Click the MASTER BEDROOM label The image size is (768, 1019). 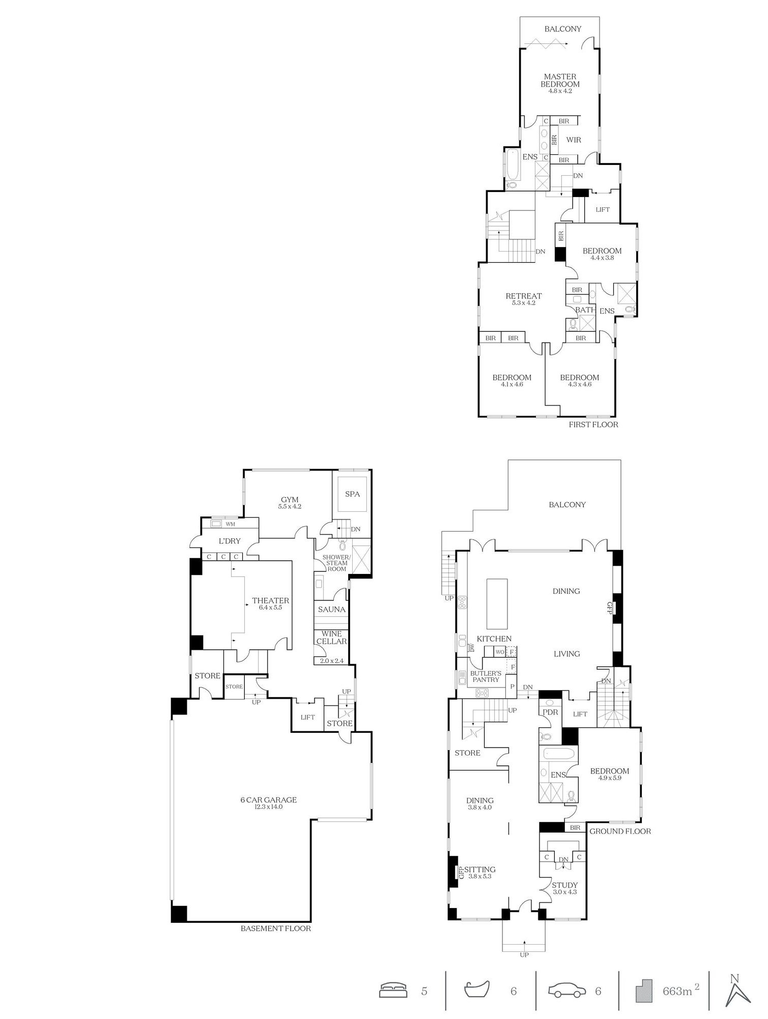tap(560, 80)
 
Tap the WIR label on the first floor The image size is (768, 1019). tap(574, 140)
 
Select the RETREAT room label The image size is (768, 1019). tap(524, 296)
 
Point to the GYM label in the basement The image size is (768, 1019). tap(290, 500)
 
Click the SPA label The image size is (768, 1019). tap(352, 494)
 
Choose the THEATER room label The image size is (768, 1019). tap(270, 601)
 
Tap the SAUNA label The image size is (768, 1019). tap(332, 610)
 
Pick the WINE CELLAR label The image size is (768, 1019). tap(332, 638)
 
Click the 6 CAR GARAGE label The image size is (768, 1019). tap(269, 800)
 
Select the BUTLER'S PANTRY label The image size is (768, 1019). tap(486, 676)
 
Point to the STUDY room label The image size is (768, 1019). tap(565, 885)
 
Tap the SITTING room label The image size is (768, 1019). tap(480, 869)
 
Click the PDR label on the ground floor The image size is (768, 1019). tap(551, 712)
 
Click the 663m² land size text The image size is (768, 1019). tap(681, 990)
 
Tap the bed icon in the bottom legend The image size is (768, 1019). tap(393, 990)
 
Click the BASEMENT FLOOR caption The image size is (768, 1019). tap(276, 928)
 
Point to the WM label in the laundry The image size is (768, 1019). tap(231, 524)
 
